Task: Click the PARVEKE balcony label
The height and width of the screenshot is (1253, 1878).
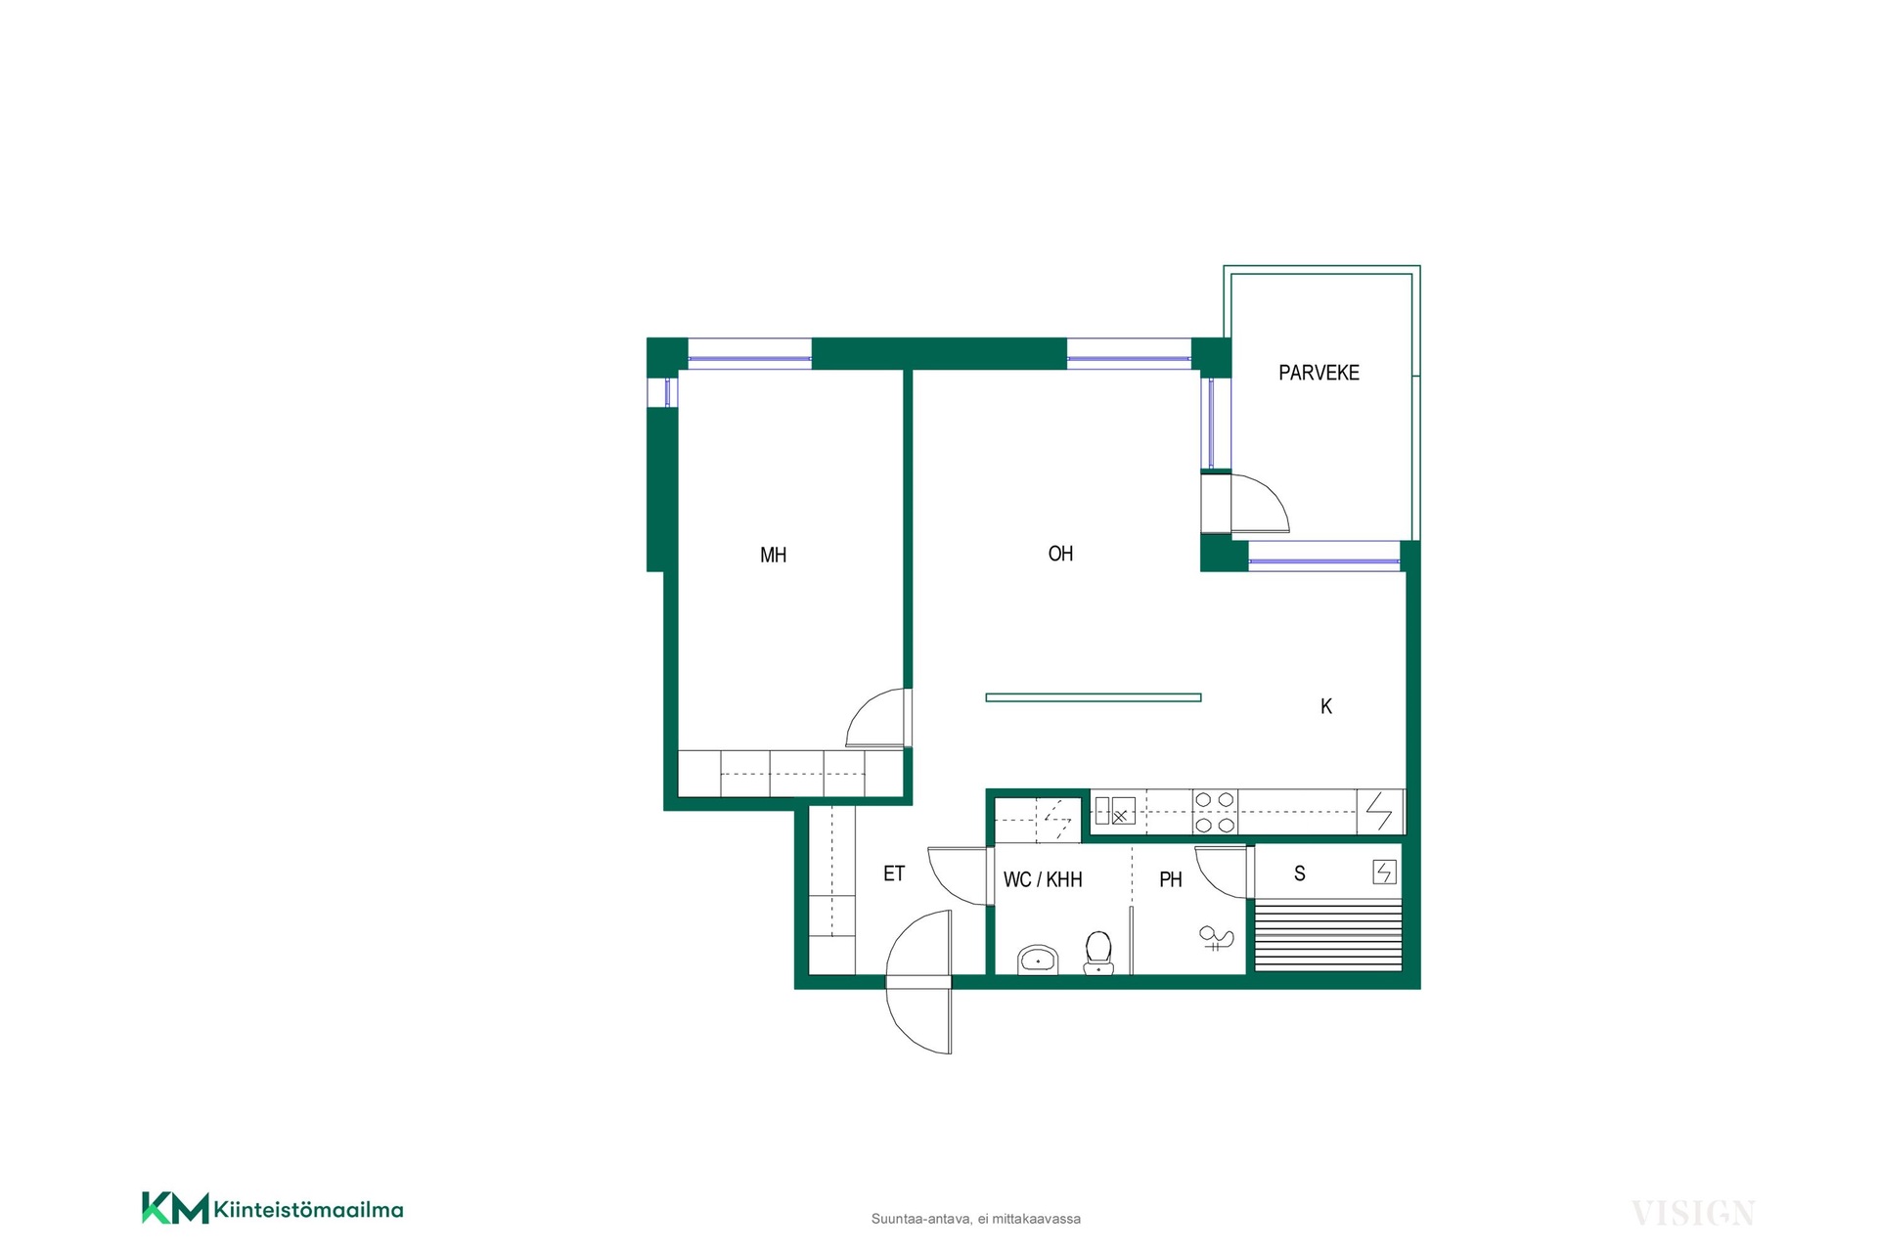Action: coord(1319,373)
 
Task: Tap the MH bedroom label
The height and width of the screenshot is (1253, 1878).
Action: coord(773,556)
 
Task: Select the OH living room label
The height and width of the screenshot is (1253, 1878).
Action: coord(1060,554)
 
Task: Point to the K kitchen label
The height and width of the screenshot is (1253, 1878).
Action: coord(1326,706)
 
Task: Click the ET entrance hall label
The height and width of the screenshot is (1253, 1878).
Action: coord(894,873)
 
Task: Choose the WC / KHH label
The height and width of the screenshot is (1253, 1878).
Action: coord(1043,880)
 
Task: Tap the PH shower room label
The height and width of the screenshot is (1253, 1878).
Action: coord(1171,880)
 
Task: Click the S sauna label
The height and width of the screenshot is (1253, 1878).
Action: coord(1300,873)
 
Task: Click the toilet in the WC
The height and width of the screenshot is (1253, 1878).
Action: coord(1098,953)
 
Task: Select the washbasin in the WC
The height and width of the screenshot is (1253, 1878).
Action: coord(1038,960)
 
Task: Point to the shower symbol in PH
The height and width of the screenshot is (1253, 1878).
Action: coord(1216,939)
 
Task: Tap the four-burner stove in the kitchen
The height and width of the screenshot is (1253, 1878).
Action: coord(1214,813)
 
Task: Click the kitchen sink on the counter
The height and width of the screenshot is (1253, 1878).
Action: coord(1115,811)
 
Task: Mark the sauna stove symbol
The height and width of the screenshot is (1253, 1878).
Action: coord(1384,872)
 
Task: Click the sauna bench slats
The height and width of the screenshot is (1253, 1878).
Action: coord(1327,936)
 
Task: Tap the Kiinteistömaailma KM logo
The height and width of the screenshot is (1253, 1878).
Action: coord(273,1208)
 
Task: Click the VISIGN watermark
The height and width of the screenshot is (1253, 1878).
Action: coord(1693,1214)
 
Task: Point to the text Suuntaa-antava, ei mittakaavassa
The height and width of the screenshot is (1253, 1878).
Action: coord(976,1219)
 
